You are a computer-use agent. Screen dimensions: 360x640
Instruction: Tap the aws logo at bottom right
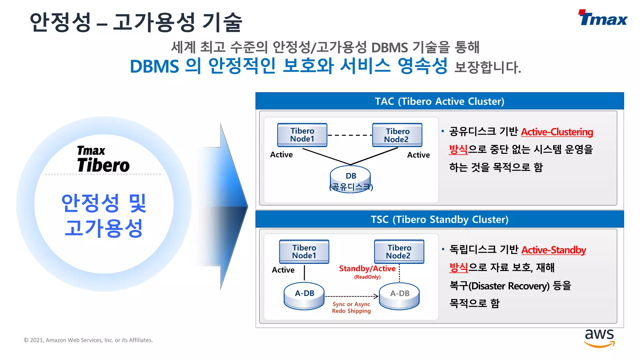pos(599,337)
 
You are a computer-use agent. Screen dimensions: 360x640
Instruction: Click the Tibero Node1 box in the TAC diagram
pos(302,135)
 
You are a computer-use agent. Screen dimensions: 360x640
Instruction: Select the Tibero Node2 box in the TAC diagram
pos(397,135)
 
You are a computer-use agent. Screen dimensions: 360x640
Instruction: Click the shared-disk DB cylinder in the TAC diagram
pos(351,180)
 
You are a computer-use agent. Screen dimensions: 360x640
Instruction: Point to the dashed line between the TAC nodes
pos(350,135)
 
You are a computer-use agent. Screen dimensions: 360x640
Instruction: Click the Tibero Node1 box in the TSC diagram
pos(304,252)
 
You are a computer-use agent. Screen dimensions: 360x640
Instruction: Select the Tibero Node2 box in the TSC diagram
pos(399,252)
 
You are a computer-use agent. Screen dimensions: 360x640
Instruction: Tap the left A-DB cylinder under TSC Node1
pos(304,296)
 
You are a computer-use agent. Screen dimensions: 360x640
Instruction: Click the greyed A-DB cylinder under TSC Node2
pos(399,296)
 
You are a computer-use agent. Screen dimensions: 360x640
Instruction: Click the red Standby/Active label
pos(367,269)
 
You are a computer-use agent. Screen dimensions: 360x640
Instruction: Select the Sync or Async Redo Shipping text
pos(351,307)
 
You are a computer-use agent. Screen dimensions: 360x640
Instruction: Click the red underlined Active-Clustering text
pos(557,132)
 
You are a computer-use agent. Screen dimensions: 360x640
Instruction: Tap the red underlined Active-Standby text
pos(553,250)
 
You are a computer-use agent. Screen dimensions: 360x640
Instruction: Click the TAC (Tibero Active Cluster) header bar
pos(439,101)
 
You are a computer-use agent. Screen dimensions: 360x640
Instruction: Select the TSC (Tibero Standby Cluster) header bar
pos(439,219)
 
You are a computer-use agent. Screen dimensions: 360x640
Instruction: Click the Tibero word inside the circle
pos(103,165)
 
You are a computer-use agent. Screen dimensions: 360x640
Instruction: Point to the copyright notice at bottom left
pos(88,340)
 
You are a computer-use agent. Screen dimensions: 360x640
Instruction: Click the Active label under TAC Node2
pos(418,155)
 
